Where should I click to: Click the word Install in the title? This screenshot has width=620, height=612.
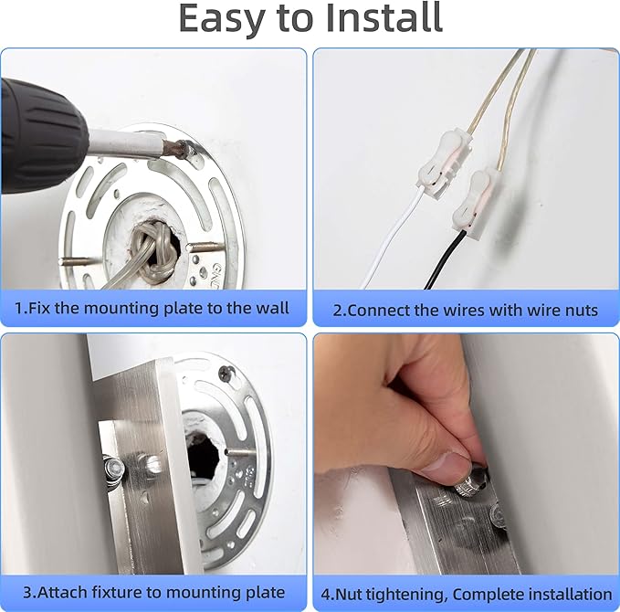384,17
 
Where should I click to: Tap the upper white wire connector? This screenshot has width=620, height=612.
443,164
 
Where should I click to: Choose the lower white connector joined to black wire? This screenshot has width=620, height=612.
478,201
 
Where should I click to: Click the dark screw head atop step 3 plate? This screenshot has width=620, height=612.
227,373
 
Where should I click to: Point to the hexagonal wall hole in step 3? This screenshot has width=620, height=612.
204,455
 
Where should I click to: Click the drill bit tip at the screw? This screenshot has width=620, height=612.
185,151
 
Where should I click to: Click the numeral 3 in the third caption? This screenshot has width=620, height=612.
27,593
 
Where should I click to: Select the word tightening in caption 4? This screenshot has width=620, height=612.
405,595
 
